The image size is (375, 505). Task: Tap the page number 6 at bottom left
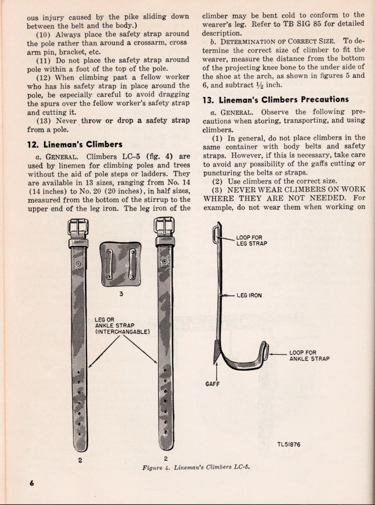pyautogui.click(x=32, y=484)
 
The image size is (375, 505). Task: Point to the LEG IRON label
pyautogui.click(x=250, y=296)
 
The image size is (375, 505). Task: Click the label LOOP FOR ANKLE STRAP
pyautogui.click(x=309, y=356)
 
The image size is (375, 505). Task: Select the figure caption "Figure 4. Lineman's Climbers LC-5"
pyautogui.click(x=196, y=468)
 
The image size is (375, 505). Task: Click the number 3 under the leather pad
pyautogui.click(x=120, y=294)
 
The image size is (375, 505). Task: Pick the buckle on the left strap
pyautogui.click(x=78, y=229)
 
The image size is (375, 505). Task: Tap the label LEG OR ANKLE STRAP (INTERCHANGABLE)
pyautogui.click(x=122, y=326)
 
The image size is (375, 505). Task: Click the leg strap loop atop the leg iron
pyautogui.click(x=216, y=234)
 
